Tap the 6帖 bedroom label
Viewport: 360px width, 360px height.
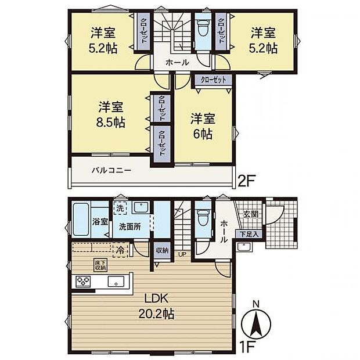[203, 126]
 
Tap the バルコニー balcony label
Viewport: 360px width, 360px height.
[111, 171]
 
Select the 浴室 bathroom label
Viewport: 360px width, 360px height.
[100, 221]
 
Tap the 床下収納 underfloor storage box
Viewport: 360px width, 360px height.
[100, 266]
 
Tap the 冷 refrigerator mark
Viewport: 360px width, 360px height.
[119, 251]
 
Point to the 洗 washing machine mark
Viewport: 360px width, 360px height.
[119, 208]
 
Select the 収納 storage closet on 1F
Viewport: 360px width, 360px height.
[162, 251]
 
